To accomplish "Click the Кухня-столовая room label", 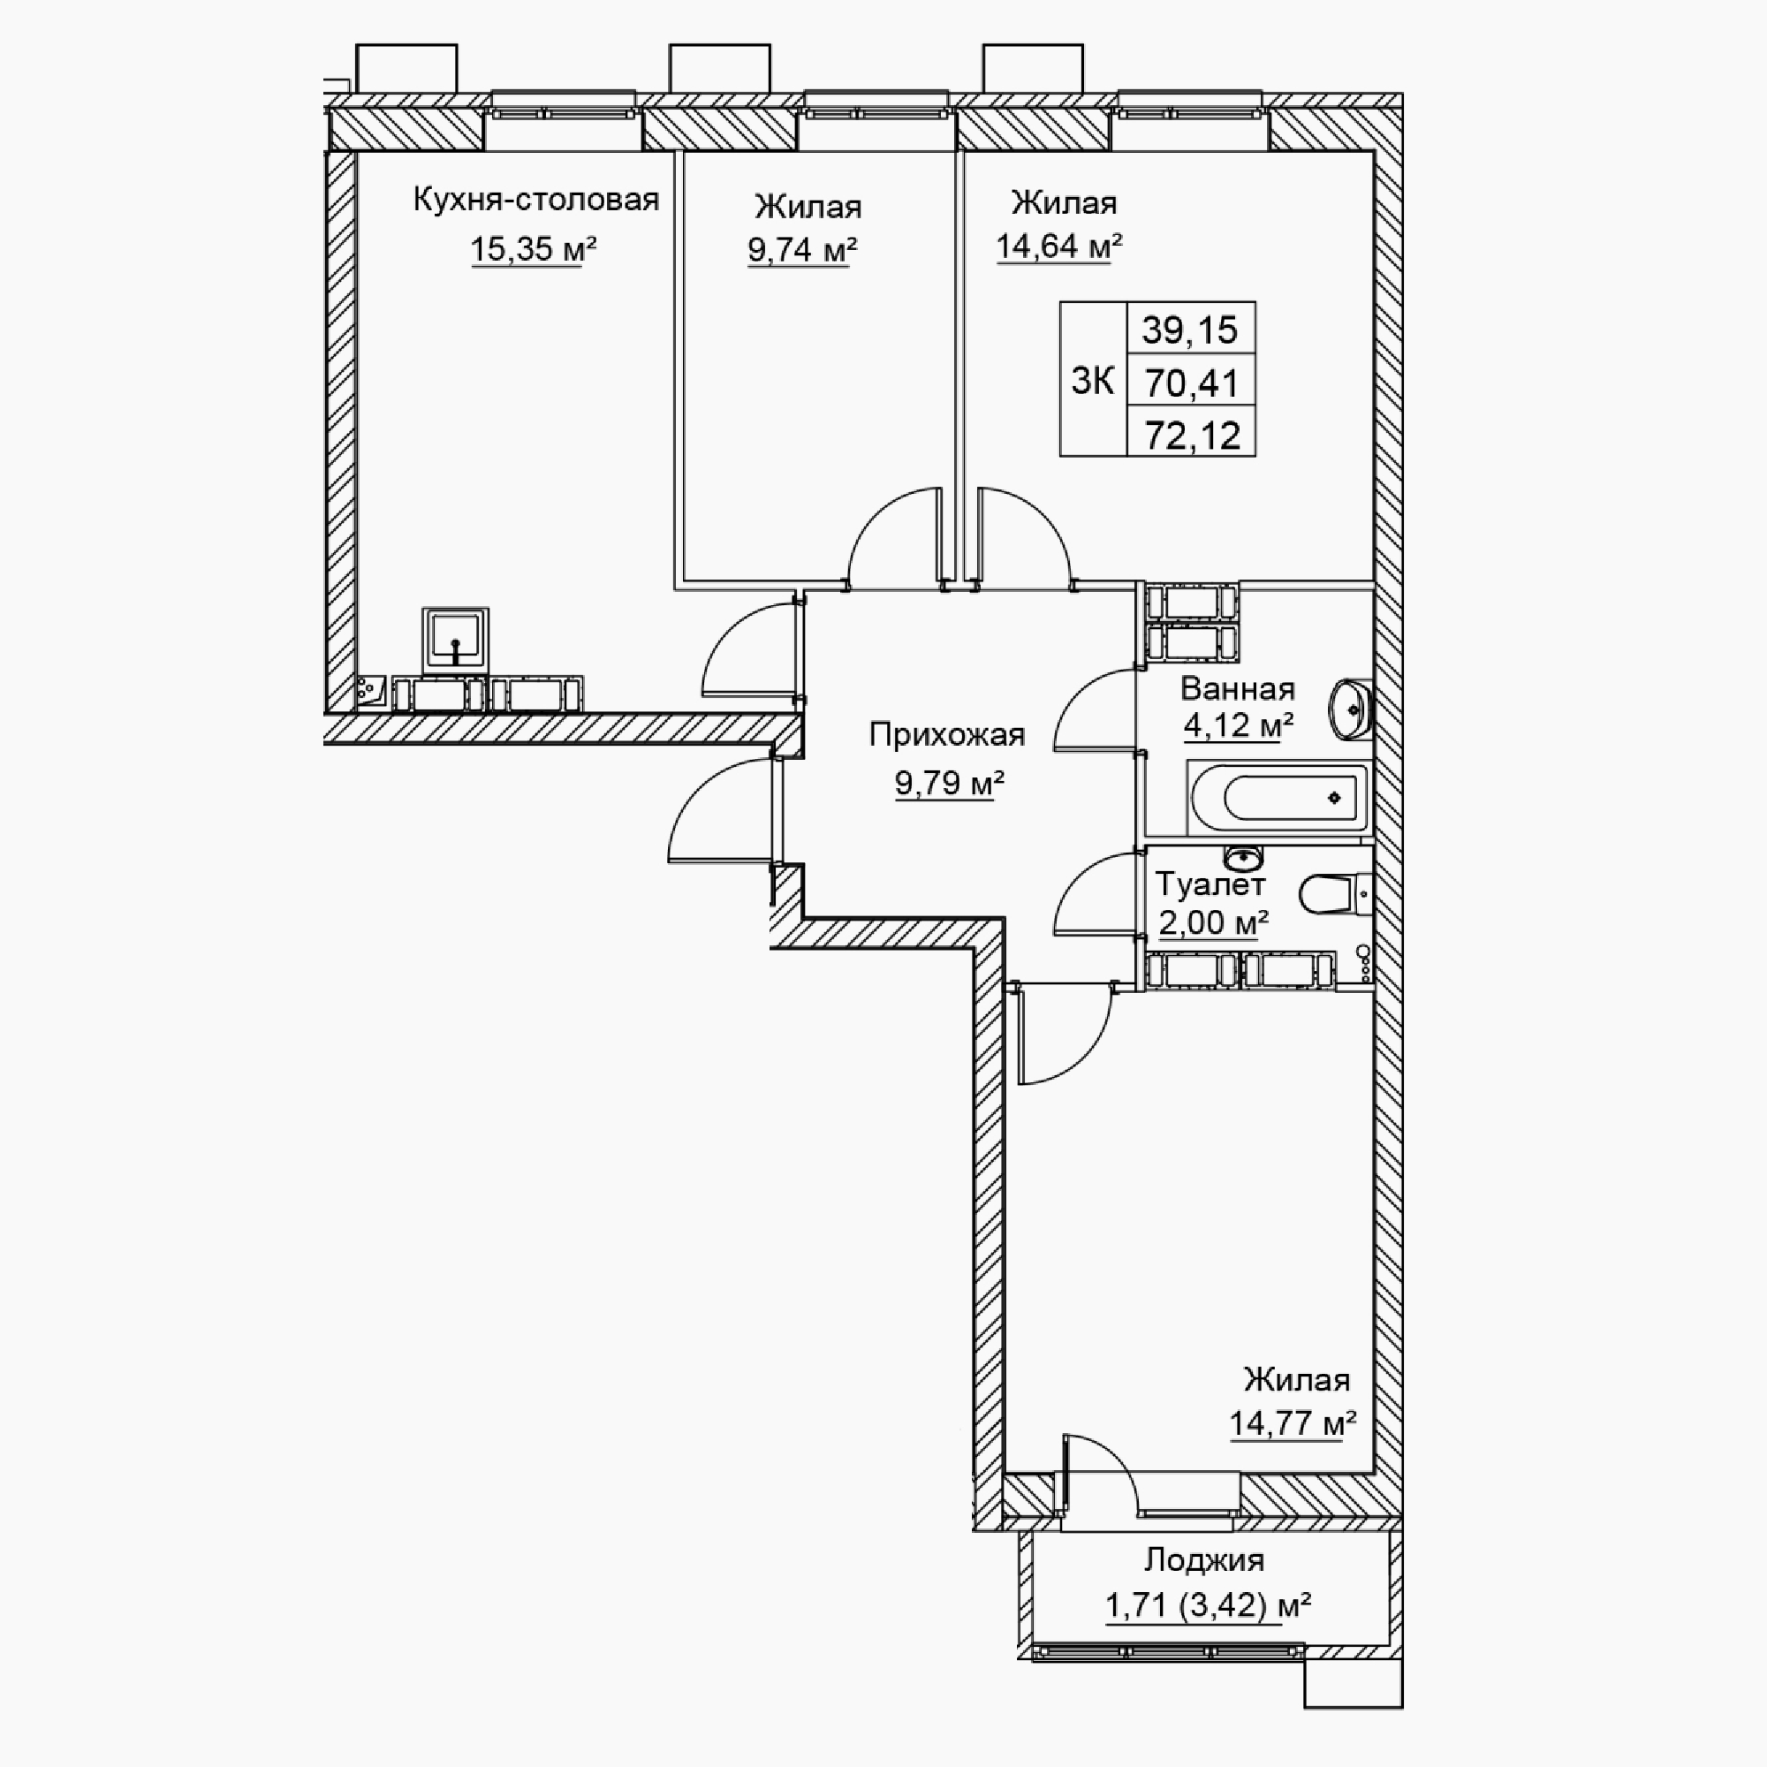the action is point(536,200).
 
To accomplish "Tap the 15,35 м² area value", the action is point(534,249).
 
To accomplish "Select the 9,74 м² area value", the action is point(802,250).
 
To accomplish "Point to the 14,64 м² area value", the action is point(1059,246).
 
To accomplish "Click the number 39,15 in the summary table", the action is point(1190,330).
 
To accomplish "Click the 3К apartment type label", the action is point(1093,381).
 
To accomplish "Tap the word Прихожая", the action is point(946,734).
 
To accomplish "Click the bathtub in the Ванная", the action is point(1278,799).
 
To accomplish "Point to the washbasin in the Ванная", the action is point(1351,709).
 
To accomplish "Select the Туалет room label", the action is point(1210,884).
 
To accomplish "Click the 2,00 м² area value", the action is point(1214,923).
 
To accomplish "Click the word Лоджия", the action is point(1204,1560).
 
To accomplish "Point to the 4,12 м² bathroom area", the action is point(1239,726).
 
